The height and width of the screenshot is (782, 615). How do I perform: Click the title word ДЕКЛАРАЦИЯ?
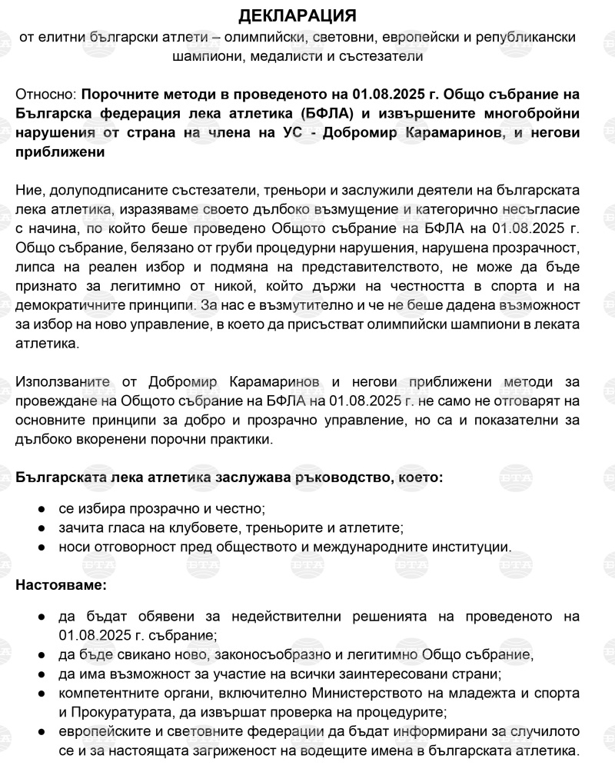pos(307,15)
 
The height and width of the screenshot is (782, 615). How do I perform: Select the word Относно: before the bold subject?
pos(45,95)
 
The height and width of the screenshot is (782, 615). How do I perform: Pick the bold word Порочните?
pos(123,95)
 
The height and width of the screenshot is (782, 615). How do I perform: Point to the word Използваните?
pos(62,382)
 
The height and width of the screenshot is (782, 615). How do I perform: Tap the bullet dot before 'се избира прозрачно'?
pos(40,509)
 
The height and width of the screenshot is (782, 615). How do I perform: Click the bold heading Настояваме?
pos(61,585)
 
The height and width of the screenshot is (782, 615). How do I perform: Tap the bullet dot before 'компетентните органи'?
pos(40,694)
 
